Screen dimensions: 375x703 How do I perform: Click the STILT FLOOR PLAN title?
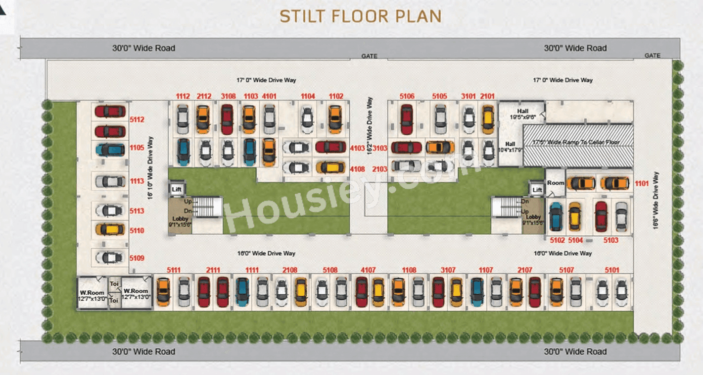coord(360,16)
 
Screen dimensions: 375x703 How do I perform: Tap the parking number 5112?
coord(137,119)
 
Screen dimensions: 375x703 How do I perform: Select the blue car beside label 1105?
coord(110,149)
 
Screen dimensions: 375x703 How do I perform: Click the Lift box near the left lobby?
coord(177,189)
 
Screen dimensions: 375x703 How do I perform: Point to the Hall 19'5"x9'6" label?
coord(522,114)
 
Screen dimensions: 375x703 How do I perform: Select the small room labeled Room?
coord(555,183)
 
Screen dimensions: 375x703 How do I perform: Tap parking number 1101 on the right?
coord(642,184)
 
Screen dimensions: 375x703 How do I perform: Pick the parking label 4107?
coord(368,270)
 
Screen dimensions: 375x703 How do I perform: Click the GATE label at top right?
coord(652,55)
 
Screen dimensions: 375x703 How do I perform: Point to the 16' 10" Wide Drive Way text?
coord(150,167)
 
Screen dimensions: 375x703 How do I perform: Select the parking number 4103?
coord(357,147)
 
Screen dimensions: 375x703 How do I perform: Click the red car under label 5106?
coord(407,119)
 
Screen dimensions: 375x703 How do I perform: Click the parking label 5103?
coord(611,240)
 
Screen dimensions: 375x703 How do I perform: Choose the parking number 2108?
coord(290,270)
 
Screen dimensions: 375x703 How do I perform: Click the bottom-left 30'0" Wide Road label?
coord(143,352)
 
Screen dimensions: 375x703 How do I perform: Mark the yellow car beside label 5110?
coord(110,229)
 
